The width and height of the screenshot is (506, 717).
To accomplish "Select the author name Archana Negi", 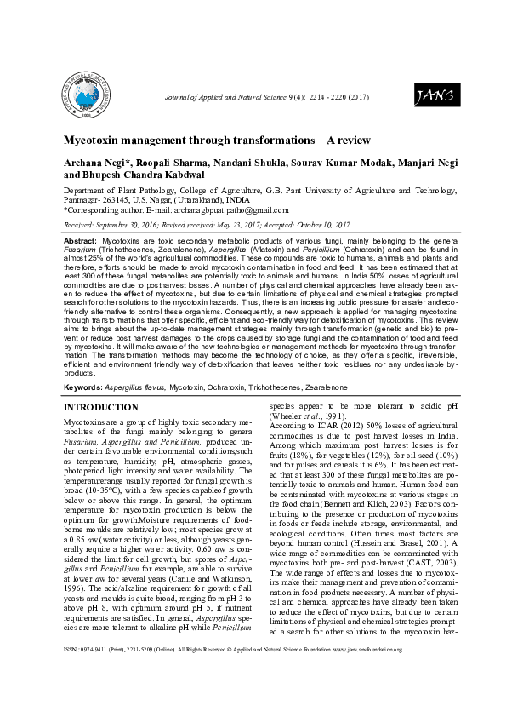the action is click(x=99, y=162).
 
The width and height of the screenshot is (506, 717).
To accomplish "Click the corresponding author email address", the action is click(x=228, y=209).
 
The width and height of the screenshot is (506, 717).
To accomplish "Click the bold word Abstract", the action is click(x=81, y=242).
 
